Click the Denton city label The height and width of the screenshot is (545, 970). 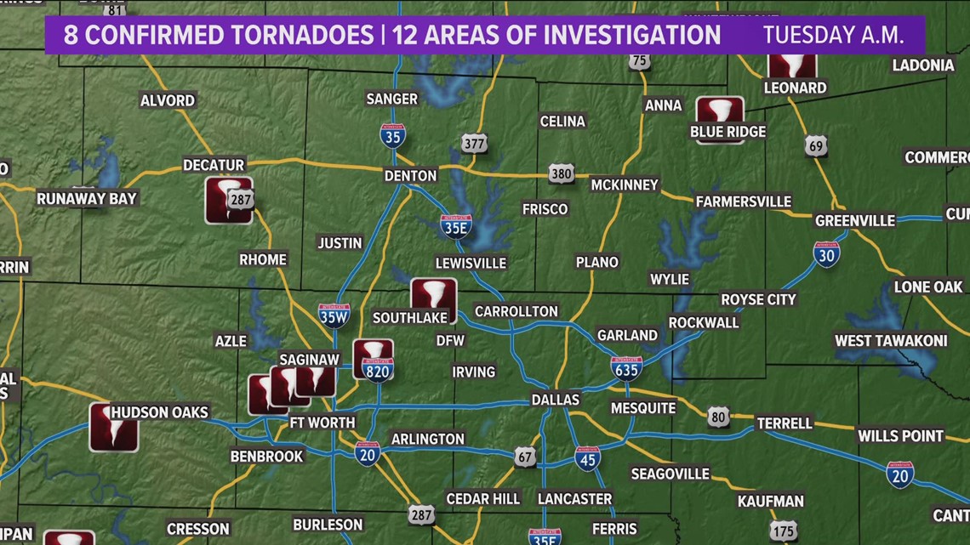click(410, 175)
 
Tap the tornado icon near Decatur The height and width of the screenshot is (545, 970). click(228, 200)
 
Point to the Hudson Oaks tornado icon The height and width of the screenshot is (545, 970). click(113, 427)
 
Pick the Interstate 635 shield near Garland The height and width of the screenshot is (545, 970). click(626, 366)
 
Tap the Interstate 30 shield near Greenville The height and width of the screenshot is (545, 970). click(826, 253)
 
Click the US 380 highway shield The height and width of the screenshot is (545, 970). click(561, 173)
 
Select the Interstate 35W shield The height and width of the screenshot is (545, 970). click(334, 315)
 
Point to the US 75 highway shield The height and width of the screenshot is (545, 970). click(640, 60)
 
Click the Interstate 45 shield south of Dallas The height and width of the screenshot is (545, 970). click(587, 458)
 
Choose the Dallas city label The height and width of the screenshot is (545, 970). click(555, 399)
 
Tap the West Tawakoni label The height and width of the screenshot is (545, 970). click(890, 341)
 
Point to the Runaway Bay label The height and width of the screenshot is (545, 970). click(87, 199)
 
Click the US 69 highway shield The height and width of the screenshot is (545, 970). click(816, 145)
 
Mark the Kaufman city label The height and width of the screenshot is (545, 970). click(770, 501)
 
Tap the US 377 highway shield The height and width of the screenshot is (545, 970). click(474, 143)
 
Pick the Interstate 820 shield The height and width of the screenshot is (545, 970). click(377, 369)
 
